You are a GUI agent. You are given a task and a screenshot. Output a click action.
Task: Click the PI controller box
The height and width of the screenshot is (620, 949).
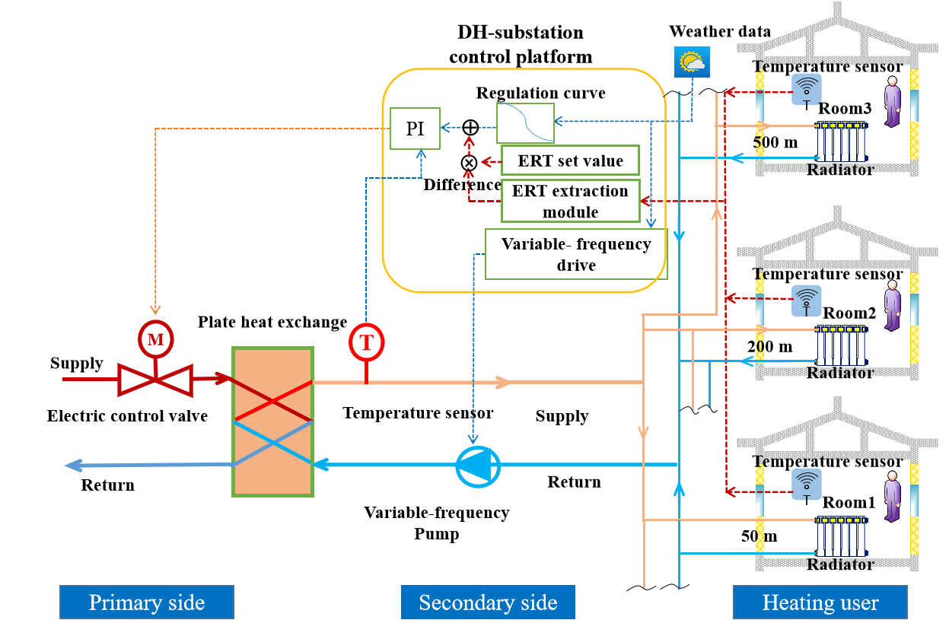(x=415, y=128)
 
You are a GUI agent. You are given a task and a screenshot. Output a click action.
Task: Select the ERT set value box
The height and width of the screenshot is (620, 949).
(x=570, y=161)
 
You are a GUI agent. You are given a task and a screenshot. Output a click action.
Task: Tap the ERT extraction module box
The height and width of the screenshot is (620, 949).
(x=570, y=201)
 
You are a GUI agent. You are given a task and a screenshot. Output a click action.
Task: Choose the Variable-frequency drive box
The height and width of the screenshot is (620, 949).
(x=575, y=254)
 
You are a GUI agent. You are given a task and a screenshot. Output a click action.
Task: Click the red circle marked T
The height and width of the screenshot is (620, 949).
(x=367, y=342)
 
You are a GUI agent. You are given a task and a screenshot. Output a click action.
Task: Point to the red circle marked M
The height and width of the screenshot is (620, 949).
(x=155, y=339)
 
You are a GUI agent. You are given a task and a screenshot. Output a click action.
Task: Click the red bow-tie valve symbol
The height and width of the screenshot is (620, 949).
(x=155, y=379)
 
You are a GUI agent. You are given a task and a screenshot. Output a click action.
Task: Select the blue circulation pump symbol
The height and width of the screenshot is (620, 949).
(x=477, y=466)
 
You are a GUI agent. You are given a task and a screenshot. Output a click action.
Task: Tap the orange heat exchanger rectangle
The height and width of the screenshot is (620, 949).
(x=272, y=421)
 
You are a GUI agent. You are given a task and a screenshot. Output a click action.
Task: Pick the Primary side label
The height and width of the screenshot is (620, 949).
(x=147, y=603)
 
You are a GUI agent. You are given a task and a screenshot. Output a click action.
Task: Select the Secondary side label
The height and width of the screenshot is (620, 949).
(x=488, y=603)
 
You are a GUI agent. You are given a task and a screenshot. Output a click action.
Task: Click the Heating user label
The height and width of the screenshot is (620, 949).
(x=820, y=603)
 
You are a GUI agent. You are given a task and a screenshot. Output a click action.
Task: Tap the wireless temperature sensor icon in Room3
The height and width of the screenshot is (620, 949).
(x=806, y=89)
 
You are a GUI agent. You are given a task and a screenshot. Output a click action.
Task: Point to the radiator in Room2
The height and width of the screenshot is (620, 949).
(x=840, y=345)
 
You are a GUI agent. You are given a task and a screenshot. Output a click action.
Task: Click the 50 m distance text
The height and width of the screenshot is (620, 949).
(x=759, y=536)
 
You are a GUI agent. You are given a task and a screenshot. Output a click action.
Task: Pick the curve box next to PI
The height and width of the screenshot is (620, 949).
(x=525, y=122)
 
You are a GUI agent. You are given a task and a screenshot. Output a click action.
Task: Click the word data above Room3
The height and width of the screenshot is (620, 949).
(x=754, y=32)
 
